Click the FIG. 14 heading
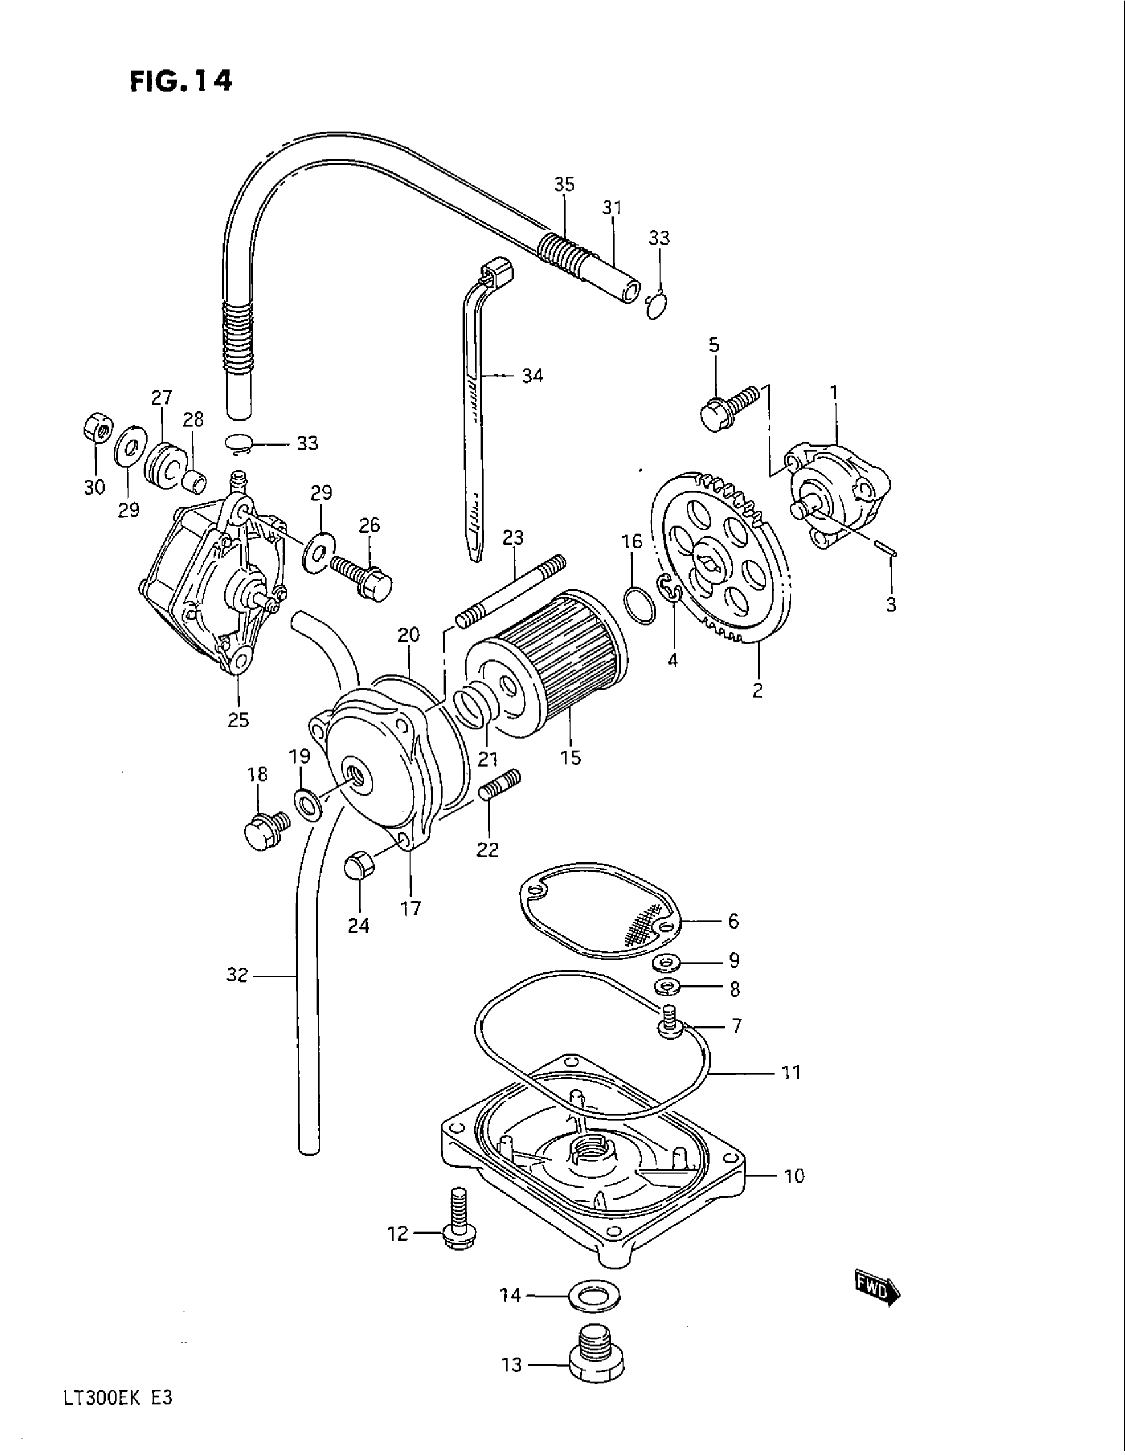pos(181,81)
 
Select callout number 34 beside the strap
pos(532,376)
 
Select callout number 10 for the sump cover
pos(794,1176)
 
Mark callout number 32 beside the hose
pos(238,976)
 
